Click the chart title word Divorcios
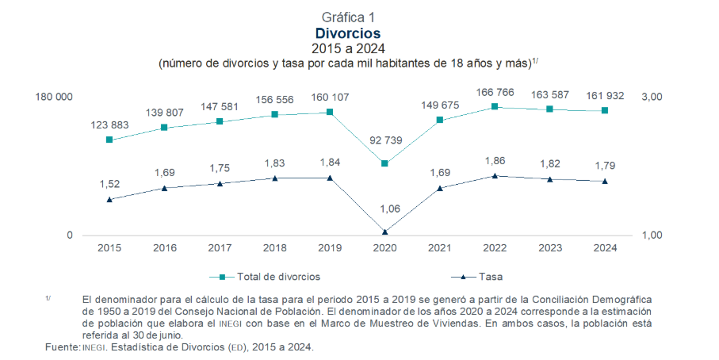(348, 33)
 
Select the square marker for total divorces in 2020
(384, 163)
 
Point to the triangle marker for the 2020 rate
(384, 232)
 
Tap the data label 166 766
(495, 94)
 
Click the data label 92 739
(384, 140)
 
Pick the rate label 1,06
(384, 209)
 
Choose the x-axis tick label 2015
(109, 248)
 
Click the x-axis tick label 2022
(495, 248)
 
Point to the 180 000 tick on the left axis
(55, 97)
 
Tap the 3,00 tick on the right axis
(652, 97)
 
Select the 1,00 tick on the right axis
(652, 235)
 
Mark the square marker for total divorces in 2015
(109, 140)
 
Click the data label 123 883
(109, 125)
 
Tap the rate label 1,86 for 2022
(495, 161)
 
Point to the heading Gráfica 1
(348, 17)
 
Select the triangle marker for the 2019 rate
(329, 178)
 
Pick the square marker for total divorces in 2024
(605, 110)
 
